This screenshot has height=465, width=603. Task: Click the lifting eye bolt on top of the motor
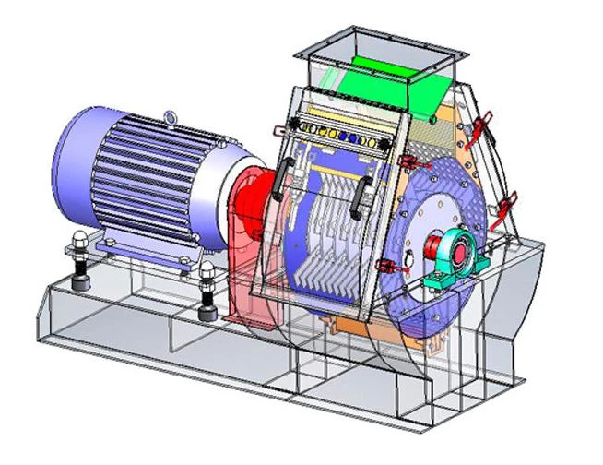point(172,116)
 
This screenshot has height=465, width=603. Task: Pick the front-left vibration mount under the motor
point(78,260)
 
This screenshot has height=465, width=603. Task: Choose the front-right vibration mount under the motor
point(206,287)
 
